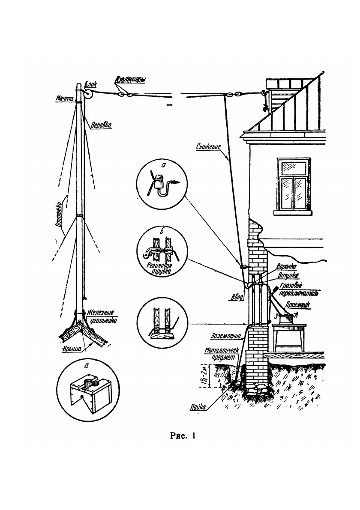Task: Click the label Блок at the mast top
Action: tap(91, 85)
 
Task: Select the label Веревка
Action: tap(102, 125)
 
